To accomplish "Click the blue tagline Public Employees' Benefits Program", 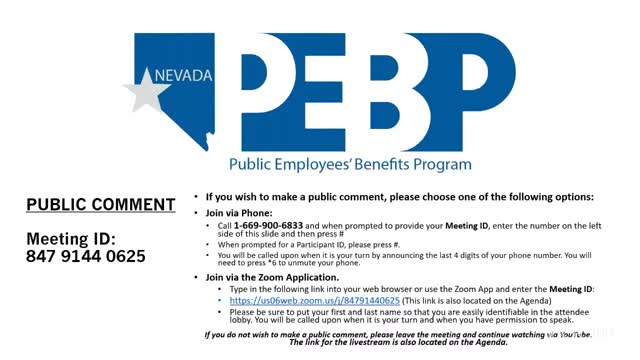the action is pos(350,163).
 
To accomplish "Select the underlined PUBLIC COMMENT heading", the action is pos(101,205).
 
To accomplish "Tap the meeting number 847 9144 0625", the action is pos(86,256).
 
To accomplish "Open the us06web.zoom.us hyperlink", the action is pos(314,300).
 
